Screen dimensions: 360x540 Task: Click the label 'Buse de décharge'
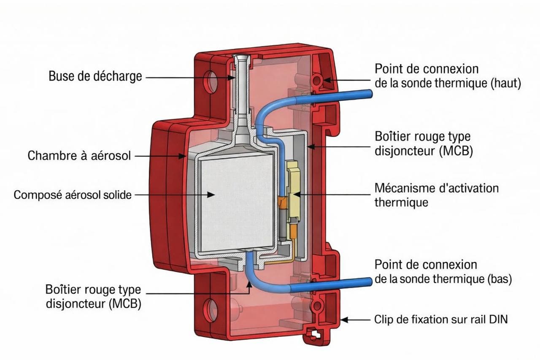(95, 77)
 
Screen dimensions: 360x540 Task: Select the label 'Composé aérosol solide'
(73, 195)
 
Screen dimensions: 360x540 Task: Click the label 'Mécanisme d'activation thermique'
(436, 195)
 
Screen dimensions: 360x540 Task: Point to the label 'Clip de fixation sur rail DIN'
(441, 319)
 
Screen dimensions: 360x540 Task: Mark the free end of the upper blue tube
(370, 94)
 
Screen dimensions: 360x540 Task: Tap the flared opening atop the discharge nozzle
(242, 58)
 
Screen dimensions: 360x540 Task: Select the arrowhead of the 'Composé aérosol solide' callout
(213, 195)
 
